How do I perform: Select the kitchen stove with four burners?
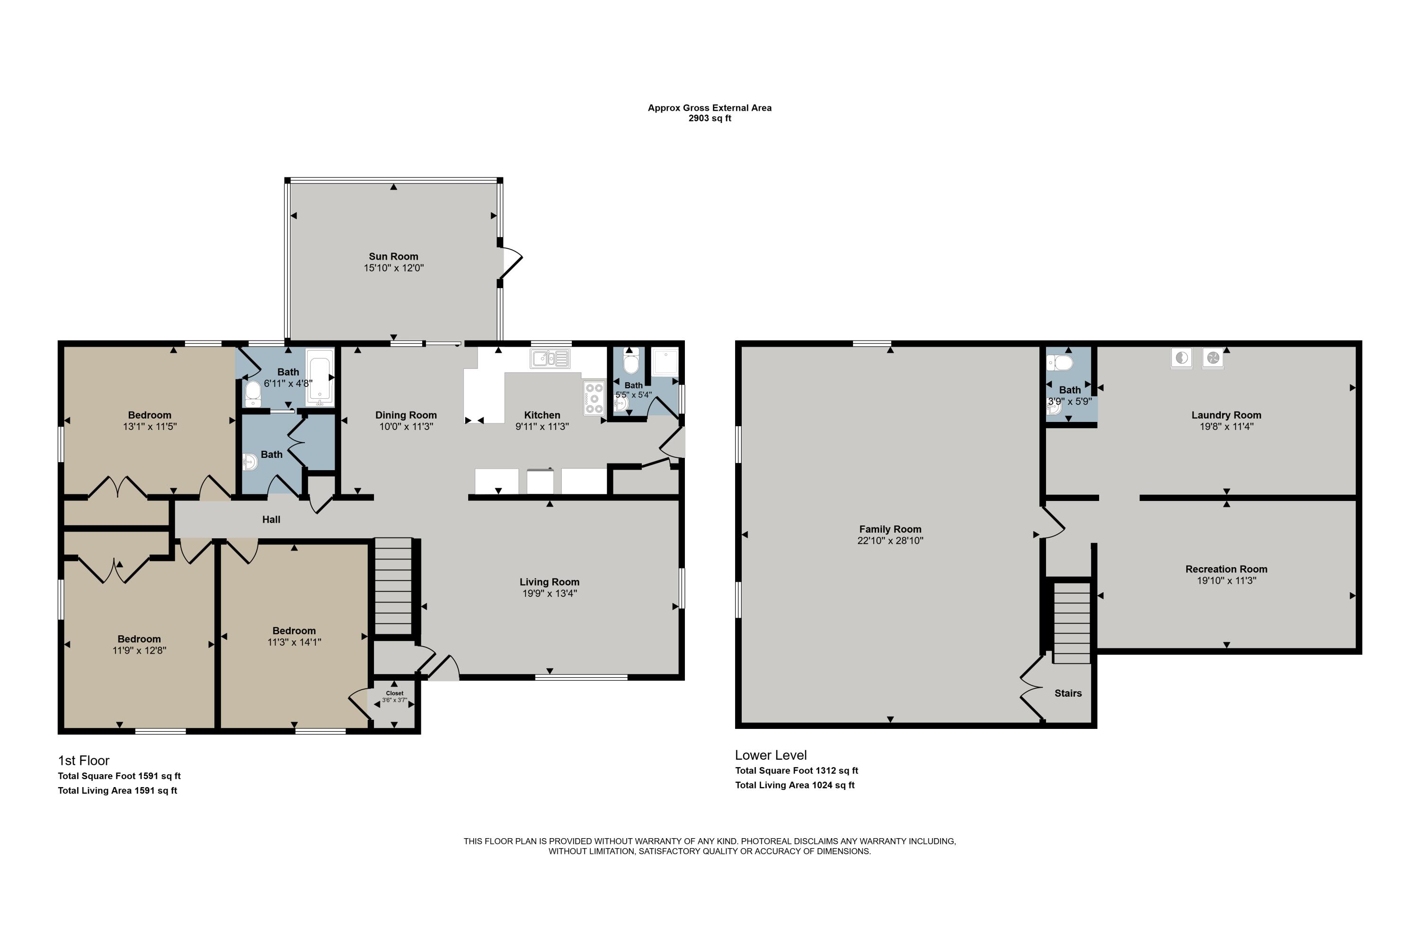(594, 398)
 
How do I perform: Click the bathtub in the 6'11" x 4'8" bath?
(320, 377)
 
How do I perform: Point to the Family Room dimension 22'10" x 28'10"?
(890, 541)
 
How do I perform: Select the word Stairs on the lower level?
(1067, 693)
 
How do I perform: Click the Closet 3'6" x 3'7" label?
(394, 697)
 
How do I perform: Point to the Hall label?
(271, 519)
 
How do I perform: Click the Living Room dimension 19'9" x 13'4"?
(550, 594)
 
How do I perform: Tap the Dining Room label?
(406, 415)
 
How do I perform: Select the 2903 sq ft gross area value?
(710, 118)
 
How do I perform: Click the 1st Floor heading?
(83, 761)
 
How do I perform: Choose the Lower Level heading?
(771, 755)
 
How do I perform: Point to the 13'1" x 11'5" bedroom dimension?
(149, 427)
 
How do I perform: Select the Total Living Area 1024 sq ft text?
(795, 785)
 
